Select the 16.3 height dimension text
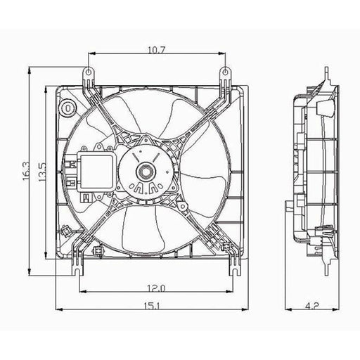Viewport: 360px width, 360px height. coord(26,171)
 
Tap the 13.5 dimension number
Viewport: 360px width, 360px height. coord(42,172)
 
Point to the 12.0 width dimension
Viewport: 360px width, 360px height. coord(156,288)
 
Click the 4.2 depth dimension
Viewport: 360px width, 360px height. coord(313,305)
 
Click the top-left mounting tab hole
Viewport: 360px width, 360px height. coord(89,72)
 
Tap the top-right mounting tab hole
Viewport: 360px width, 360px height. coord(225,72)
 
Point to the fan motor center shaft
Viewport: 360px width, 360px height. coord(146,172)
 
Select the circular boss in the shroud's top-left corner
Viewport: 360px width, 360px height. coord(68,108)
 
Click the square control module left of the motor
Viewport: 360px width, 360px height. coord(97,171)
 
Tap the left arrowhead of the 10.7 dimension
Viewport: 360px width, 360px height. coord(92,53)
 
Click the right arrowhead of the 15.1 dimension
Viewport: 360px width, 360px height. coord(245,309)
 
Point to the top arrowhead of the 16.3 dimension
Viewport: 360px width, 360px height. coord(30,70)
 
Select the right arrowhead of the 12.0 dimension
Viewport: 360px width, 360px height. coord(230,292)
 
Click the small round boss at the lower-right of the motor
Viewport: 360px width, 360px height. coord(182,206)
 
